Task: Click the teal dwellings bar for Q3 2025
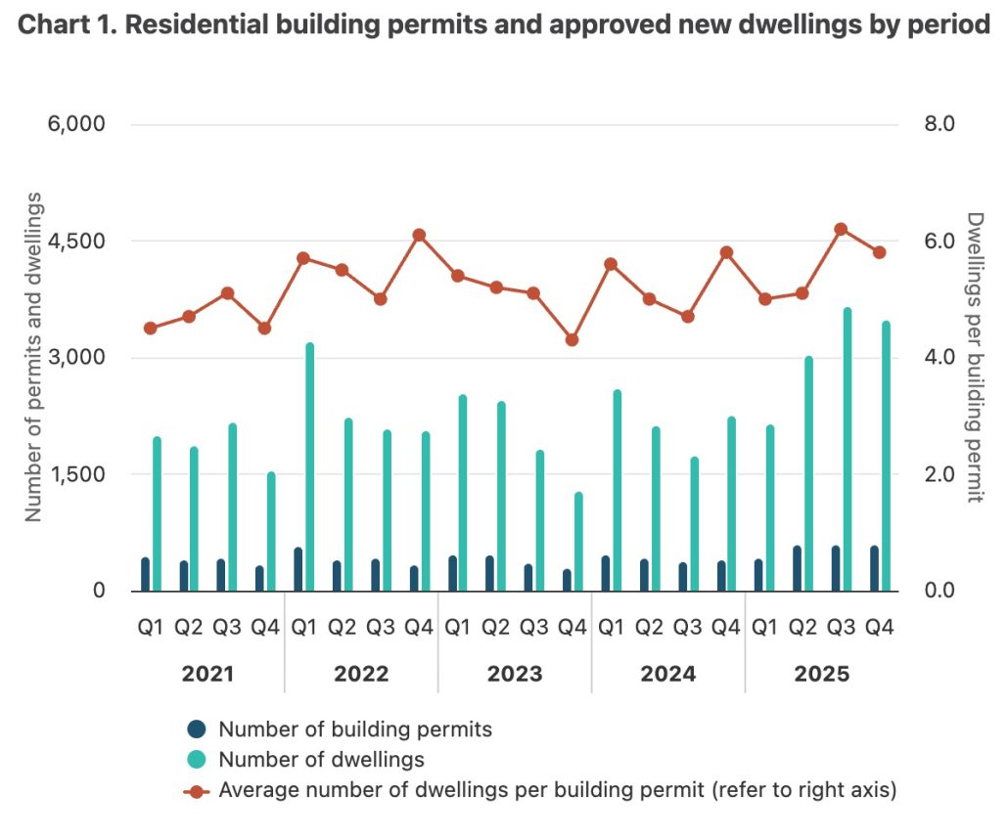[848, 450]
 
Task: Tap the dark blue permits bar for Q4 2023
[567, 580]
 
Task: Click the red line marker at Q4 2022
[419, 235]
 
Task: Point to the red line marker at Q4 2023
[572, 340]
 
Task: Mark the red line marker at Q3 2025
[840, 229]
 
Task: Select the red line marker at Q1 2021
[150, 329]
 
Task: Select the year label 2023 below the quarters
[515, 675]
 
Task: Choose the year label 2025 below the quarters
[822, 675]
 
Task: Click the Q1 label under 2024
[611, 628]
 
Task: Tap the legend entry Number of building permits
[354, 729]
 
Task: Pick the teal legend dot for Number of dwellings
[197, 759]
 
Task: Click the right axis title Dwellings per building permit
[973, 357]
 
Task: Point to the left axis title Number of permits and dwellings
[33, 357]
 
